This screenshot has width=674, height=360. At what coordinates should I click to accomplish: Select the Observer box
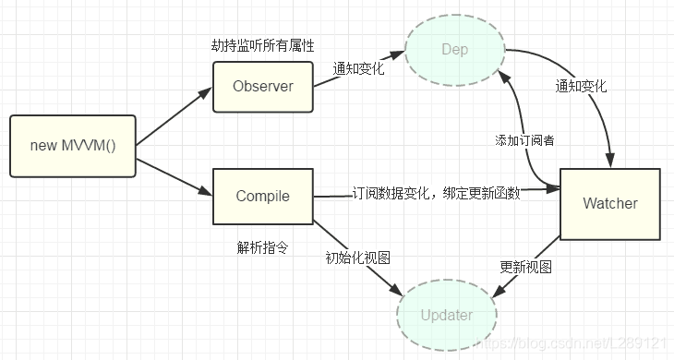click(x=263, y=87)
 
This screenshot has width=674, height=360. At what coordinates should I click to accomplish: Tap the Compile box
click(x=263, y=196)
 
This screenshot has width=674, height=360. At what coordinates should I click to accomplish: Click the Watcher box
click(x=609, y=203)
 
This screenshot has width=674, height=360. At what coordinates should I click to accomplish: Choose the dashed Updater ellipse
click(x=446, y=315)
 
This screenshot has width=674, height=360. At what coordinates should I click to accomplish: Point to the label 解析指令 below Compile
click(x=263, y=247)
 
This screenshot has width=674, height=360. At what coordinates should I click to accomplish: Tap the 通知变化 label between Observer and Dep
click(x=358, y=68)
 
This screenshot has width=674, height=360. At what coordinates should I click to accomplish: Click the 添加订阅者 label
click(x=525, y=140)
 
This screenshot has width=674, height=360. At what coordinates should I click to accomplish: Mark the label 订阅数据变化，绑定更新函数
click(x=436, y=193)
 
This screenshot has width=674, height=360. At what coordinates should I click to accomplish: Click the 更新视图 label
click(x=525, y=267)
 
